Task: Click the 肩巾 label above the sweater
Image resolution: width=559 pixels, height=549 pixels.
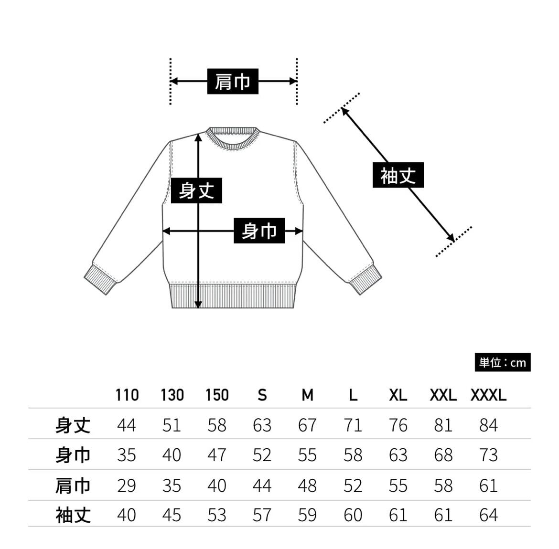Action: click(233, 81)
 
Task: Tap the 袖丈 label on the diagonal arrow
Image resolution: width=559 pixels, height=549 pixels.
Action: click(398, 175)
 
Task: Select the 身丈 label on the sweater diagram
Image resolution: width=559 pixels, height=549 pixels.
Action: click(196, 190)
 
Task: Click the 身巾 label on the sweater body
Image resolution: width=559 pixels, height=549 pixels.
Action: click(259, 231)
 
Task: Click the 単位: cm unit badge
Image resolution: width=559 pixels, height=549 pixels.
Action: click(502, 363)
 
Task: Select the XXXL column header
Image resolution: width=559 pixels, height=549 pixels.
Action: click(488, 395)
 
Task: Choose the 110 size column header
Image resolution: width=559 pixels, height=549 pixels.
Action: click(127, 395)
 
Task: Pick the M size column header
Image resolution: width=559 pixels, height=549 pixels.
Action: click(307, 395)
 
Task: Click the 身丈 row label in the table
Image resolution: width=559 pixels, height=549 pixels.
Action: click(73, 425)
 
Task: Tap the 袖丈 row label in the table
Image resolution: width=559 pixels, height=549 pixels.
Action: click(73, 516)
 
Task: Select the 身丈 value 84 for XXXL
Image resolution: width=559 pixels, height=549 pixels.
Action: click(488, 425)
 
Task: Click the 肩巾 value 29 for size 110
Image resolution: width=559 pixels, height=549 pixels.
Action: click(127, 486)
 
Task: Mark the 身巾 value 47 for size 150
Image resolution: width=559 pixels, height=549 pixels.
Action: click(217, 455)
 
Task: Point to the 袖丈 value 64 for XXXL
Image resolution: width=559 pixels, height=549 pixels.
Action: click(488, 516)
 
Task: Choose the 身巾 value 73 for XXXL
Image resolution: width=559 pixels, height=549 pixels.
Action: click(488, 455)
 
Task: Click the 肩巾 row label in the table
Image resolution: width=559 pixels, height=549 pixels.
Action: click(73, 486)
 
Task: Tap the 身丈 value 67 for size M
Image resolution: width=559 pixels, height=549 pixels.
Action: click(307, 425)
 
